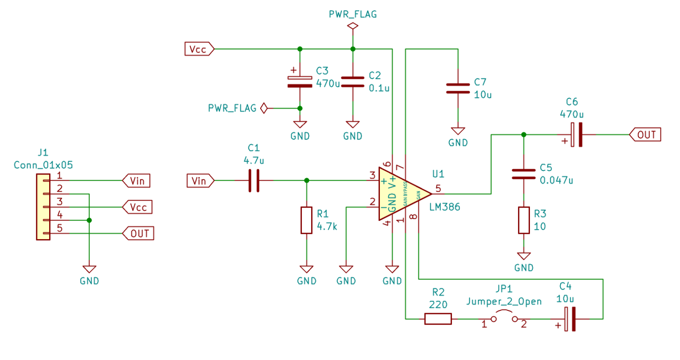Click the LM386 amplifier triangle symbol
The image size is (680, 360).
(x=401, y=194)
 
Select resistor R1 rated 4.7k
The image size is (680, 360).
(x=306, y=220)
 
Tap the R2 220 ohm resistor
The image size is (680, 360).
(x=438, y=319)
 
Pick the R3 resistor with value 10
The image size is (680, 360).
(x=524, y=220)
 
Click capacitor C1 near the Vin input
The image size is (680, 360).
(x=254, y=181)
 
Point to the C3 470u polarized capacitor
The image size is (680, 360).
(x=300, y=82)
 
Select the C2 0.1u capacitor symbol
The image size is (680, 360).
(x=353, y=82)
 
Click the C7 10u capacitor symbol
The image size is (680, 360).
(x=458, y=89)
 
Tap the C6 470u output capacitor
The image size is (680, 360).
(x=576, y=135)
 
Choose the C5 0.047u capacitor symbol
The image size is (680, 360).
(x=524, y=174)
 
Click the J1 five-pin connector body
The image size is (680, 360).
(x=43, y=207)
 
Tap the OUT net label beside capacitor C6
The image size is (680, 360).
(x=645, y=135)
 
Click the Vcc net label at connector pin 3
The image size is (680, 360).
(x=138, y=207)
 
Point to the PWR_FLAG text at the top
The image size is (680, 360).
(x=353, y=14)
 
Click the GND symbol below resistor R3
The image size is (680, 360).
(x=524, y=257)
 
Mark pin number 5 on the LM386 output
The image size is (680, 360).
(x=438, y=189)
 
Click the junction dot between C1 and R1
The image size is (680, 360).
(x=306, y=181)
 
